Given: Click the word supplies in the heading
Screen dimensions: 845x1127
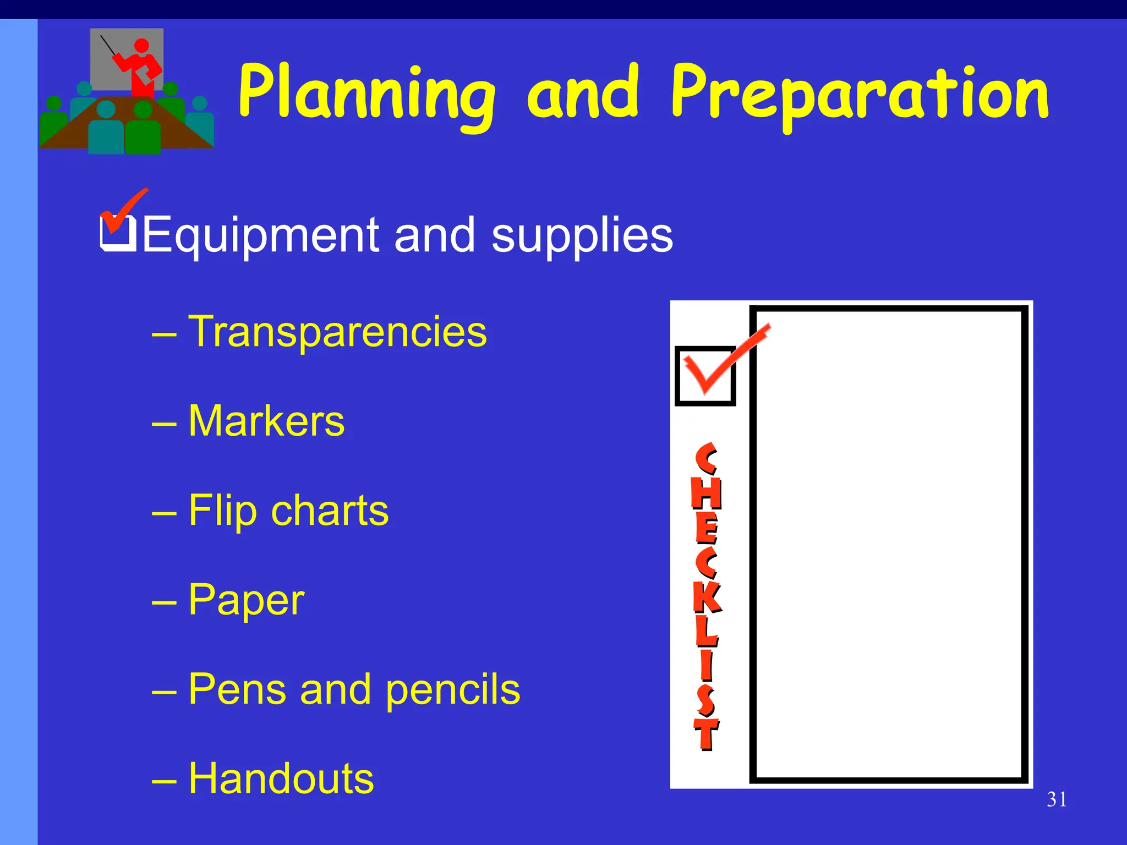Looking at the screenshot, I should tap(582, 235).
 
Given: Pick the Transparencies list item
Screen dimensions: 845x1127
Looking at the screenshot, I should tap(337, 332).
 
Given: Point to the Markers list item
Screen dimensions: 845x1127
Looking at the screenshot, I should tap(266, 421).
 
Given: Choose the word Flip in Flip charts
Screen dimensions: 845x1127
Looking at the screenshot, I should tap(222, 511).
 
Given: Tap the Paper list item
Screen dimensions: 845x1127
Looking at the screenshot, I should tap(246, 600).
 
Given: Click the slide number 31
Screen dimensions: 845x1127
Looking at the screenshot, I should tap(1057, 799).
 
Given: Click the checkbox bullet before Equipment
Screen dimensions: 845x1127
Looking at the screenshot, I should tap(118, 233).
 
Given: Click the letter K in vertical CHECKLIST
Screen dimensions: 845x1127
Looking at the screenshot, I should tap(707, 597).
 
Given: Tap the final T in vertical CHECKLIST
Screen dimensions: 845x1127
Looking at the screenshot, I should tap(706, 734).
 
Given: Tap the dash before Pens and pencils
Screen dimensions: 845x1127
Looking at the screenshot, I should tap(164, 690).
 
